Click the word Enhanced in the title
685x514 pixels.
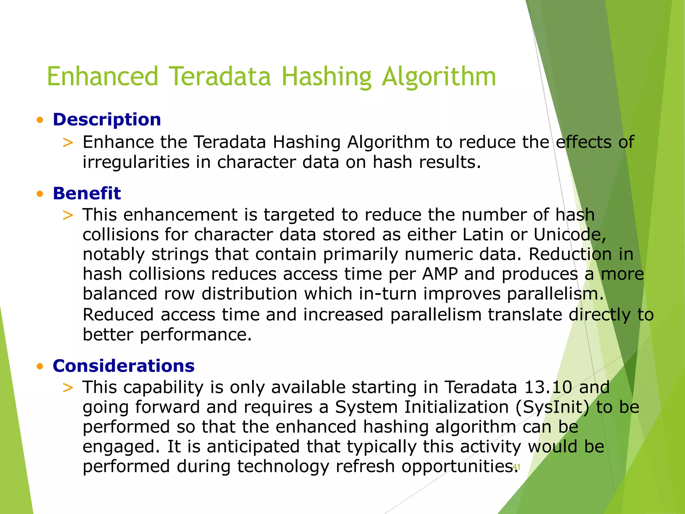(x=102, y=76)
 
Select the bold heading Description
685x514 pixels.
(x=107, y=119)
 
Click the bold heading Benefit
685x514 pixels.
(x=87, y=193)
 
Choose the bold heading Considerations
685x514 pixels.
(x=123, y=366)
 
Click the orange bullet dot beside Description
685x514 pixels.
(x=40, y=120)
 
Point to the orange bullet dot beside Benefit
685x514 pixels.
(x=40, y=194)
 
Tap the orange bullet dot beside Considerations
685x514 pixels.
(x=40, y=366)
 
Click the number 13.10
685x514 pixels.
(x=548, y=388)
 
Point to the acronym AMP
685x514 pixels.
(x=440, y=274)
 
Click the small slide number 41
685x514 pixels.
(x=516, y=466)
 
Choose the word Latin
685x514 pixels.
(x=483, y=235)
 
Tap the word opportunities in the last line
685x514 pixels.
(x=458, y=467)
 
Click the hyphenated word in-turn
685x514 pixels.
(x=388, y=294)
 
